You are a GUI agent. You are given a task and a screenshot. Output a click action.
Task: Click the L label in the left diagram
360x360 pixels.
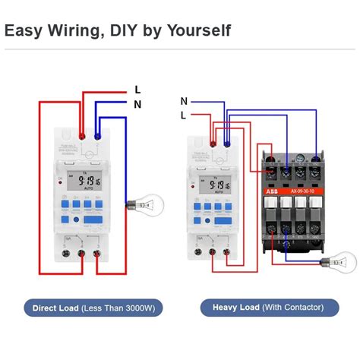(x=137, y=90)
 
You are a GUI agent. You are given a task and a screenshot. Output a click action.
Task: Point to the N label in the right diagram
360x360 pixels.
(x=184, y=101)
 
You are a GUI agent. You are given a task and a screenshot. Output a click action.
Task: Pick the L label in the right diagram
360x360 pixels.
(x=184, y=115)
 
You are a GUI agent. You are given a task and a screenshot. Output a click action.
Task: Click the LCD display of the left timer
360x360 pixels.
(x=82, y=183)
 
